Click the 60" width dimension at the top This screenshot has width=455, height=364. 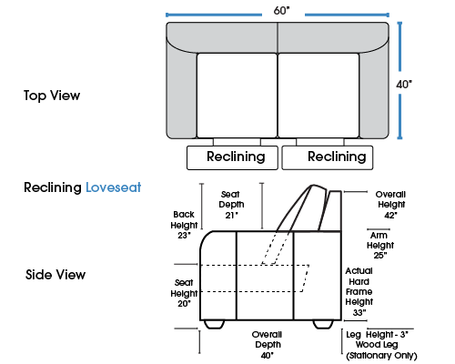click(x=281, y=11)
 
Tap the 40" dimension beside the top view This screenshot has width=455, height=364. click(x=404, y=84)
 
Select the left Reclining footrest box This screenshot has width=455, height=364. click(x=232, y=157)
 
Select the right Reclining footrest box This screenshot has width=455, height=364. click(x=328, y=157)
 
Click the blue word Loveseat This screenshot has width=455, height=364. click(x=114, y=187)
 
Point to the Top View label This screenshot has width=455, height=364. click(x=52, y=96)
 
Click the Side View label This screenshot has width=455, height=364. click(x=56, y=275)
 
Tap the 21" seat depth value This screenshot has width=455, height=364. click(x=231, y=215)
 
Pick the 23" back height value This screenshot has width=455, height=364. click(x=184, y=236)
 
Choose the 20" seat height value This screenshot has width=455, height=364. click(x=184, y=303)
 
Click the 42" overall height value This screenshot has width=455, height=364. click(x=390, y=215)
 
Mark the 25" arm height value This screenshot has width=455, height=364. click(x=380, y=255)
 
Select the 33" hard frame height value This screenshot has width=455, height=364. click(x=359, y=312)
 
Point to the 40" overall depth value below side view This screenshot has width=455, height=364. click(x=268, y=355)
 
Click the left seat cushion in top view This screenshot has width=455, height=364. click(x=237, y=96)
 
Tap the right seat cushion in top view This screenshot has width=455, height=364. click(x=318, y=96)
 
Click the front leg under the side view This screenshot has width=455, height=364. click(x=214, y=324)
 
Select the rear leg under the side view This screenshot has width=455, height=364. click(x=323, y=324)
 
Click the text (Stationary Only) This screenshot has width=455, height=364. click(x=381, y=355)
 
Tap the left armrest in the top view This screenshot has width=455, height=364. click(x=181, y=91)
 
